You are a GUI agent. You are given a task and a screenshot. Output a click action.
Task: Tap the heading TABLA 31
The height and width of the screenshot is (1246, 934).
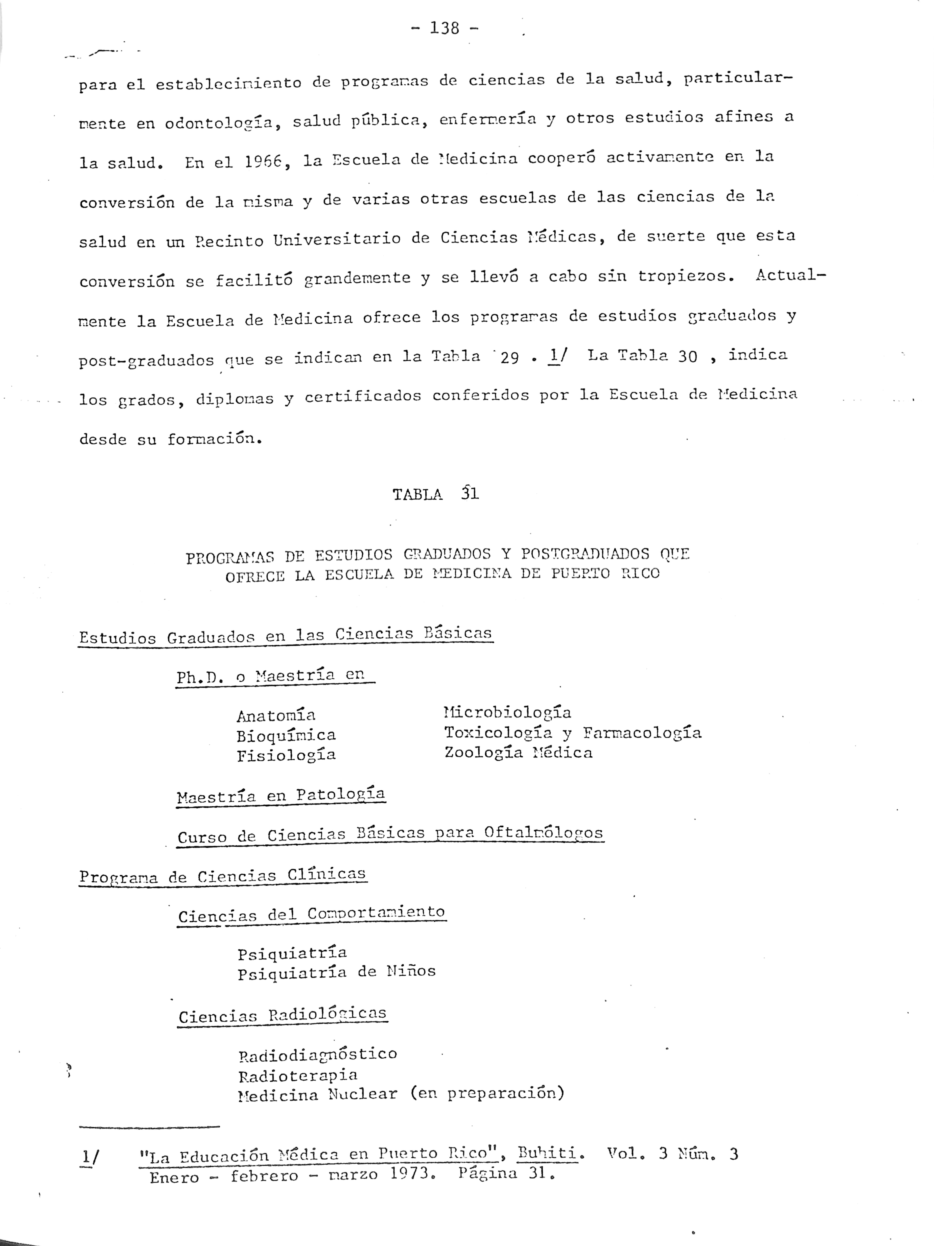pyautogui.click(x=435, y=494)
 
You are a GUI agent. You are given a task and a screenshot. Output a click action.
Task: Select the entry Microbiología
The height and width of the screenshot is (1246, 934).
pyautogui.click(x=507, y=713)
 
